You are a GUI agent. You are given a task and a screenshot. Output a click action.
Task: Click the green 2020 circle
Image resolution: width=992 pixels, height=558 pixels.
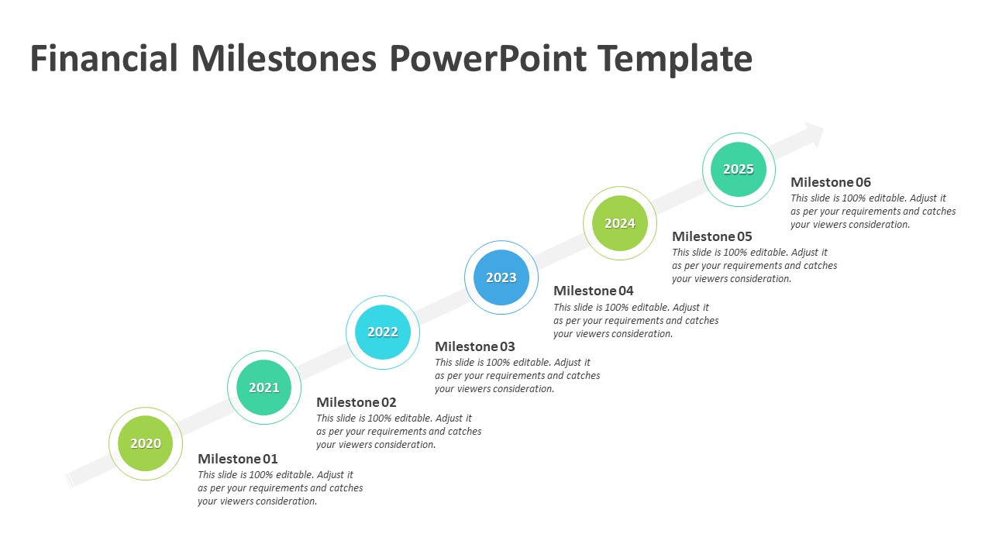click(146, 443)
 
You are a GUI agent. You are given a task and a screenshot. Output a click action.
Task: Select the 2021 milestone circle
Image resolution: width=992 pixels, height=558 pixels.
click(264, 387)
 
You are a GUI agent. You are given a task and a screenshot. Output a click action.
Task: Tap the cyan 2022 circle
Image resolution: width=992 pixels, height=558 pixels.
click(383, 332)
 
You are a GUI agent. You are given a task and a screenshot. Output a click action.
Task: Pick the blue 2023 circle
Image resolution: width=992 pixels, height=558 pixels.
click(501, 277)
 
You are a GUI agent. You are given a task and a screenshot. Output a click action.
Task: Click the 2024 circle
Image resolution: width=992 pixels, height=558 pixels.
click(620, 223)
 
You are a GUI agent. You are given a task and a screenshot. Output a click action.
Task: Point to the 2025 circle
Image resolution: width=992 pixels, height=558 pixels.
click(739, 169)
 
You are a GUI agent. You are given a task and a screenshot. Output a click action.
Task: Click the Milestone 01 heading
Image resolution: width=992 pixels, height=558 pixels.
click(238, 458)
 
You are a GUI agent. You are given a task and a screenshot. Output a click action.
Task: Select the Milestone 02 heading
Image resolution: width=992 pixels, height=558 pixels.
click(356, 402)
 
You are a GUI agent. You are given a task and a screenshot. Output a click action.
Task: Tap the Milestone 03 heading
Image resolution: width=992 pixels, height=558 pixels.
click(475, 346)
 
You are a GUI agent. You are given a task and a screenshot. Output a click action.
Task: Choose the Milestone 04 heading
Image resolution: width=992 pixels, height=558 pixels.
click(594, 291)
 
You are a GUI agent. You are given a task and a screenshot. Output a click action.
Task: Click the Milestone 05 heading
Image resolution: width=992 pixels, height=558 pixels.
click(712, 236)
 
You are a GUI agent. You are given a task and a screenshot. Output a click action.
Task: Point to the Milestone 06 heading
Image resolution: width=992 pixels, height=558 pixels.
click(831, 182)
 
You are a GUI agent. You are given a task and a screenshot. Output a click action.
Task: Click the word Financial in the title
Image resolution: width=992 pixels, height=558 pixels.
click(104, 58)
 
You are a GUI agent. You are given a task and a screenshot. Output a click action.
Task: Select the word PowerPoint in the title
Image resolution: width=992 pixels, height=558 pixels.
click(488, 58)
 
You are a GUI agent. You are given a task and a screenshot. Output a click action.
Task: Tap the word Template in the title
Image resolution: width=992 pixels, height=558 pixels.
click(675, 60)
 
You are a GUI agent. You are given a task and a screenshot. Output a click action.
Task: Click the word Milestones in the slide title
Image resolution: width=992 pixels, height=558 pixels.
click(284, 58)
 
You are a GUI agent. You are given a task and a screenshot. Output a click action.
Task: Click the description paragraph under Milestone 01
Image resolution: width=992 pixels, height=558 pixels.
click(281, 487)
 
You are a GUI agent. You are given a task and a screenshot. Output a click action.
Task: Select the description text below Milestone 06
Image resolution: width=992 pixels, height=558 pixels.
click(873, 212)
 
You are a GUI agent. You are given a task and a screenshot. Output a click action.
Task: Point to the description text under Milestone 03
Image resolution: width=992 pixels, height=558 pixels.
click(517, 376)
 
